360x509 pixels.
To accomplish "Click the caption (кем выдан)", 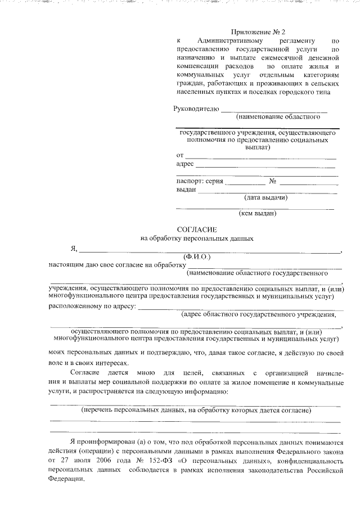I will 258,213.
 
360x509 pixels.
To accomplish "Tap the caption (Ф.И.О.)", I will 196,256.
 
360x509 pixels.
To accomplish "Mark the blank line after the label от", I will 261,156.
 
